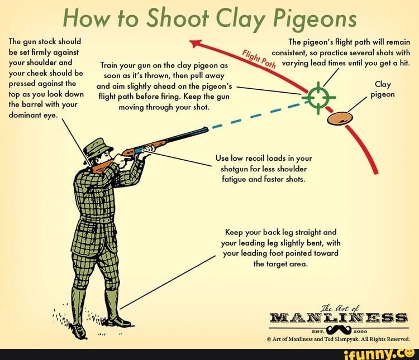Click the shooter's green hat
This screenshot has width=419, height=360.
[98, 146]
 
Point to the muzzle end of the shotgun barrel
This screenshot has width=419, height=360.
[206, 131]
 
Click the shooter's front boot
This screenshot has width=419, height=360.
[115, 310]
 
